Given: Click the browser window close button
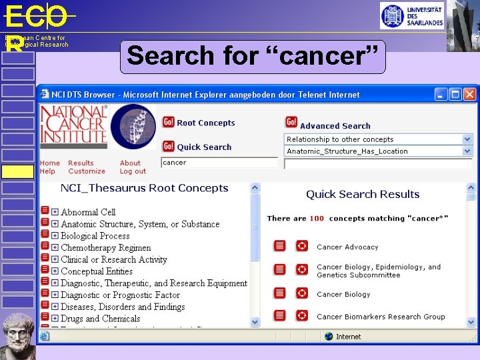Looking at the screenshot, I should point(469,94).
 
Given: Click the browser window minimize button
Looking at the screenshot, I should point(441,94).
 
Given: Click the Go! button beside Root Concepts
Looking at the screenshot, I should point(169,122).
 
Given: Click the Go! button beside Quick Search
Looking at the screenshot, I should point(169,146).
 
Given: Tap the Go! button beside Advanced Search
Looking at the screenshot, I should point(291,122).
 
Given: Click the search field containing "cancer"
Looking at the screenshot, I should point(219,163).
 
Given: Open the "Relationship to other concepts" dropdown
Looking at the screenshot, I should point(378,139).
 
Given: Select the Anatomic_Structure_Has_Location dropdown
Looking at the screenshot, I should point(378,151).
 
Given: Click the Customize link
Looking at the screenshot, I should point(87,171).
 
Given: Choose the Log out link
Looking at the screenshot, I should point(133,171).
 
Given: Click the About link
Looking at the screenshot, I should point(130,163).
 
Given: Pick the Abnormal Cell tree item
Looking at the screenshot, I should point(88,212).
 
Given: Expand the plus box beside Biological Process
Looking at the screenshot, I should point(55,236).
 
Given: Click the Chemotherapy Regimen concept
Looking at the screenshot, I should point(105,248).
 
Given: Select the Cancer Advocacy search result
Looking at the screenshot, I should point(347,247).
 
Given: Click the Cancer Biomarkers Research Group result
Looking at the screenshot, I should point(381,317).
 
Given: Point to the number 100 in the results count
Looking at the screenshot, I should point(317,218).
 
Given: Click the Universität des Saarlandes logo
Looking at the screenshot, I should point(411,15).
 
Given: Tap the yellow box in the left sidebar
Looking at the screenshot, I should point(17,171).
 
